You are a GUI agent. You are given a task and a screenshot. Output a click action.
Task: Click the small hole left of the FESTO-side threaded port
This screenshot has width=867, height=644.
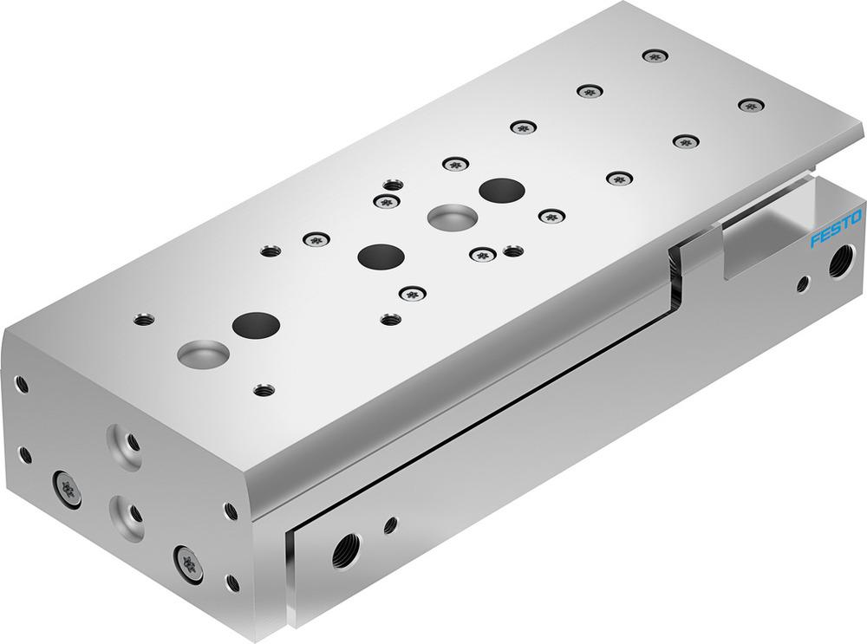pyautogui.click(x=804, y=282)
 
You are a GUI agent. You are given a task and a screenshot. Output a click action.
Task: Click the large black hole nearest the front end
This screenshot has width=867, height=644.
pyautogui.click(x=257, y=326)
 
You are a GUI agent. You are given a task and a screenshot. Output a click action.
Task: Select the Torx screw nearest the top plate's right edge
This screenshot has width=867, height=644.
pyautogui.click(x=750, y=105)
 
